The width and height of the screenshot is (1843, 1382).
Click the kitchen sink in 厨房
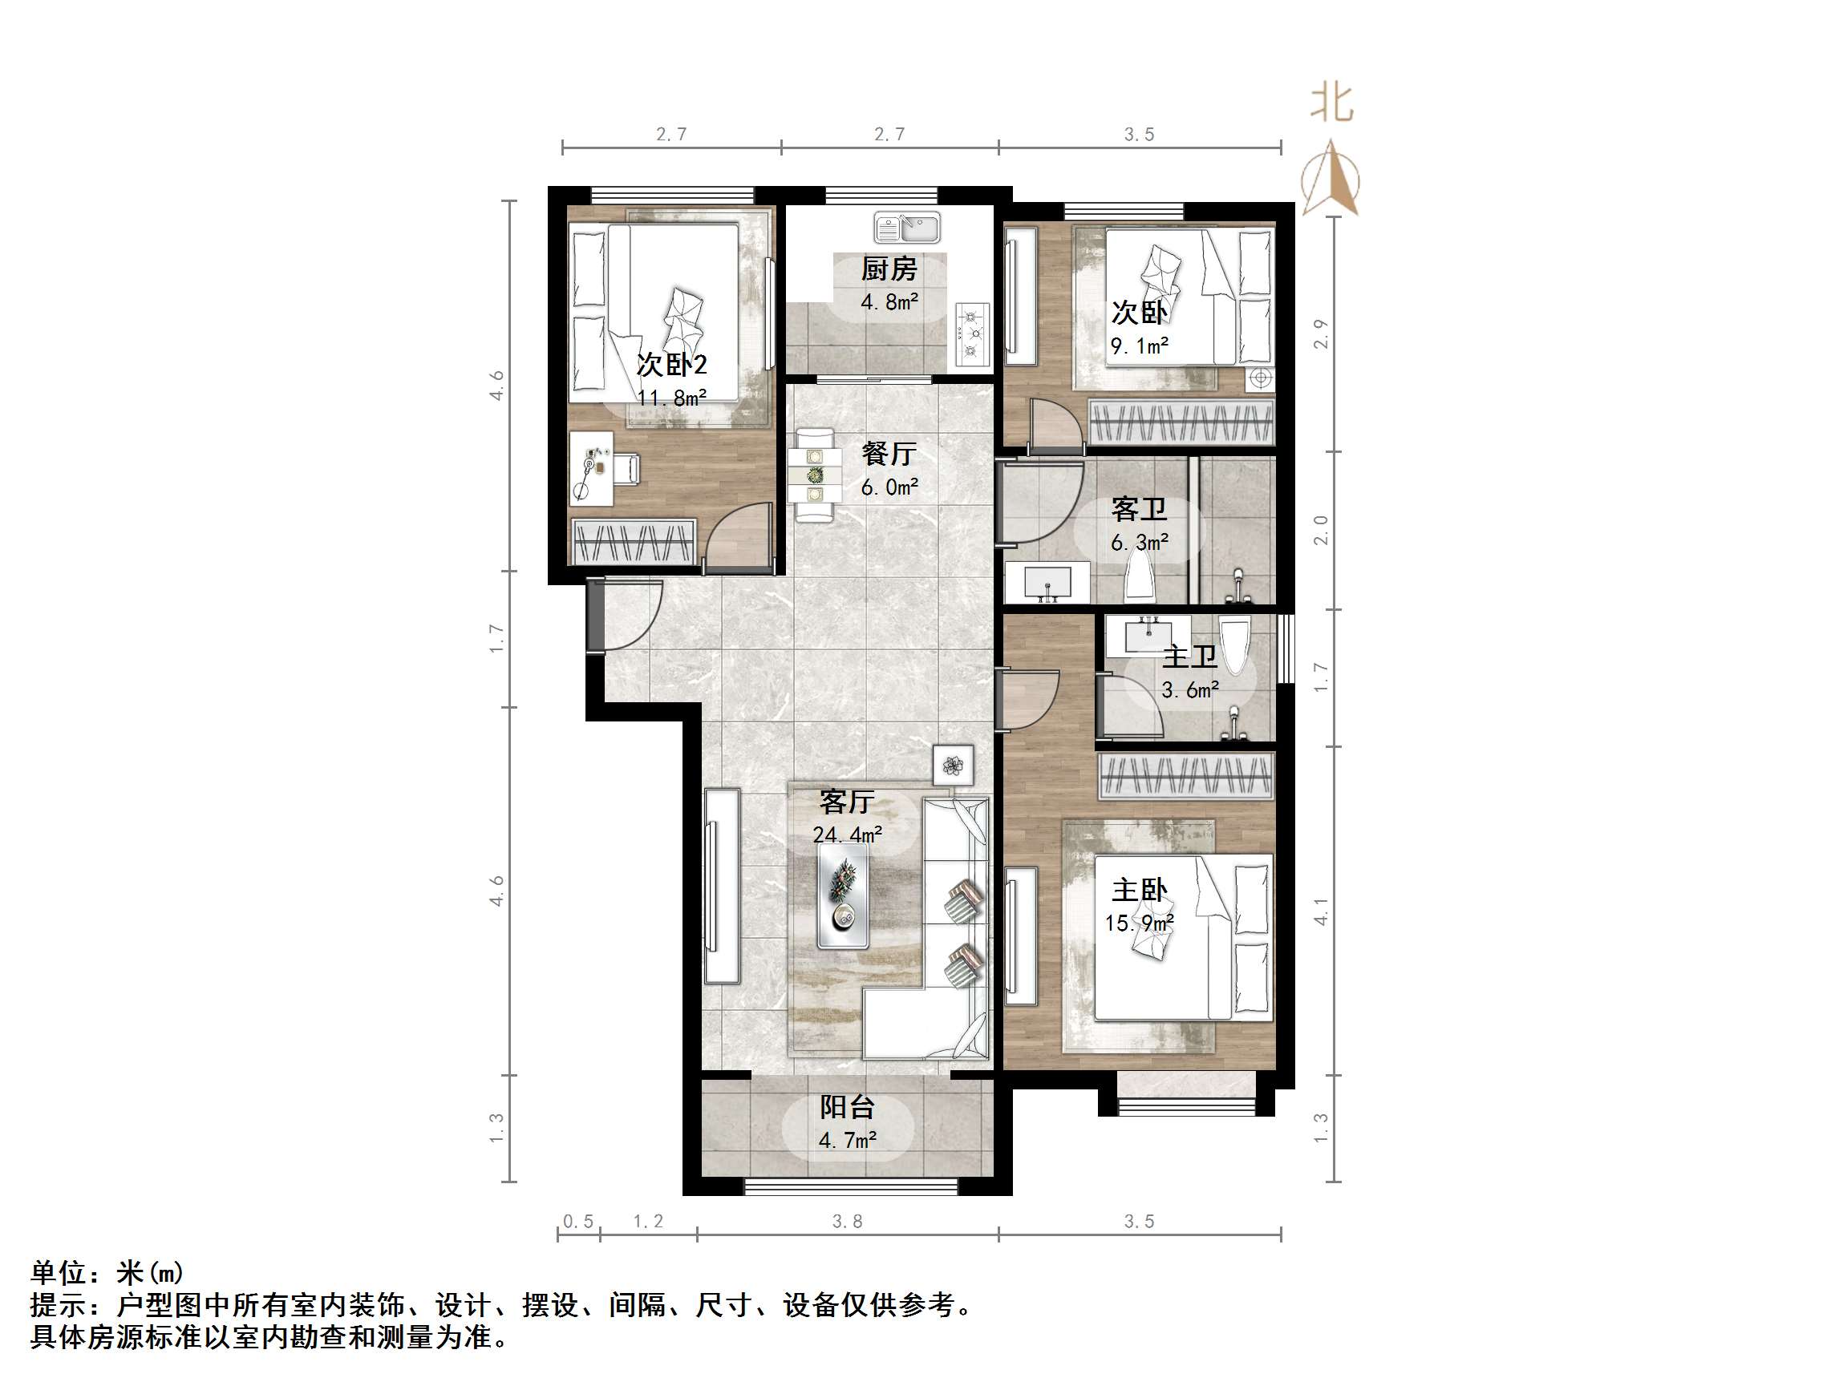[x=906, y=227]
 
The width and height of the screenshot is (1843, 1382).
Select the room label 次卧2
[x=671, y=364]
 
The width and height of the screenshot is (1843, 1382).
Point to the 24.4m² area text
[x=848, y=834]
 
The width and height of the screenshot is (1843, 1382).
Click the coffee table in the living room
[x=843, y=896]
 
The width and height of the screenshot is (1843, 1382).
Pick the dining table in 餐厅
[x=814, y=475]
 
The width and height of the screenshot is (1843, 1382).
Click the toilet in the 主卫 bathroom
[x=1235, y=643]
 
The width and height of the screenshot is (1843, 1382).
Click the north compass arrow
[x=1331, y=178]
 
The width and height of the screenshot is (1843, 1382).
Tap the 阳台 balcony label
[x=848, y=1107]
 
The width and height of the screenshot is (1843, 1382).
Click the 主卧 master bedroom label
[x=1139, y=890]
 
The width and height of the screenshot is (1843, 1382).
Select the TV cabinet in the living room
[x=722, y=886]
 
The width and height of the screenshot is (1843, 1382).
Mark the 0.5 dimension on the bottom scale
[x=578, y=1221]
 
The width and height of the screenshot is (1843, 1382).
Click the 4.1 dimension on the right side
[x=1321, y=911]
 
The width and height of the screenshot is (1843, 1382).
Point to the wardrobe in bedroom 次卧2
[x=634, y=540]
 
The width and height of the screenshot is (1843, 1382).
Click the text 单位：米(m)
[x=107, y=1273]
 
